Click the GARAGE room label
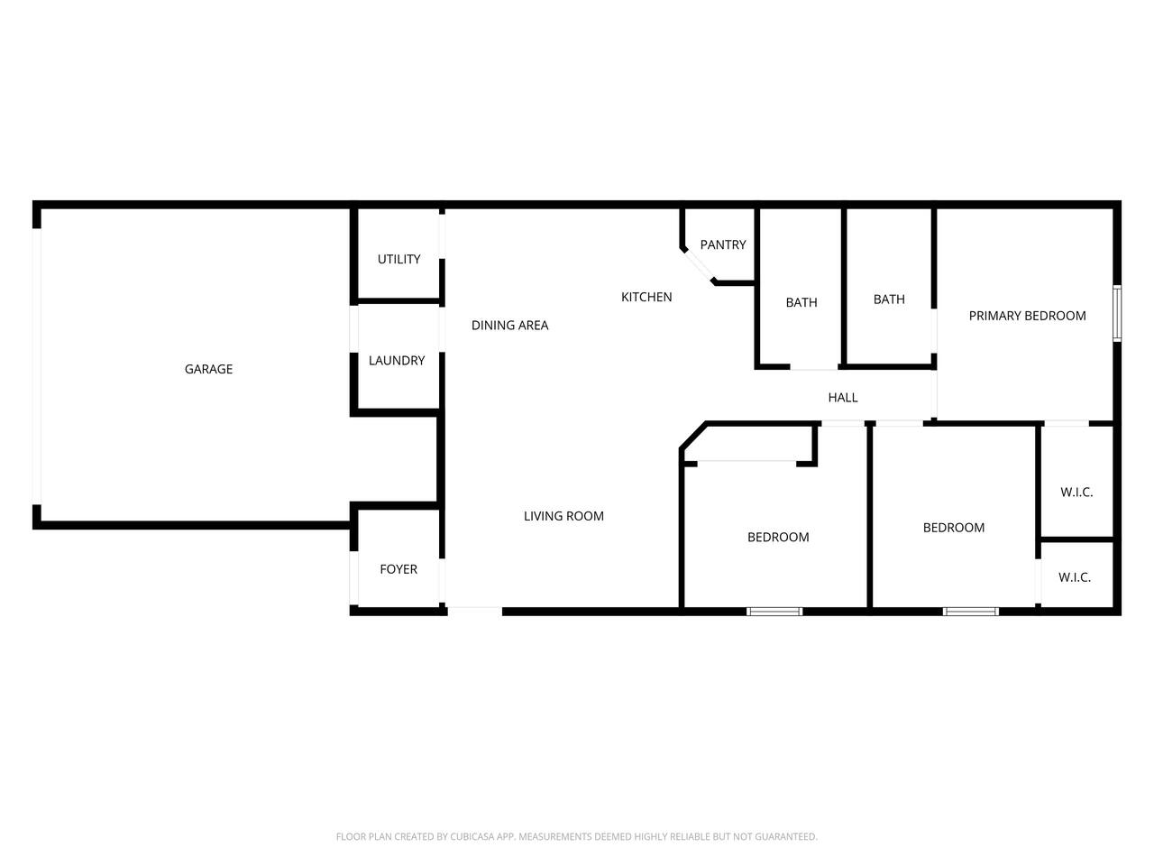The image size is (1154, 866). point(208,369)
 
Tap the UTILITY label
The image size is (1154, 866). point(398,259)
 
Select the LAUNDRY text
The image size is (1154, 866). point(397,361)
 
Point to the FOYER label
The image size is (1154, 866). point(398,569)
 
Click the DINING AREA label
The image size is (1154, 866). point(509,326)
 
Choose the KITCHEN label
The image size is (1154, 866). point(646,297)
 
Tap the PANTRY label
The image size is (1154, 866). point(723,244)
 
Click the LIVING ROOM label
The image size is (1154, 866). point(563,516)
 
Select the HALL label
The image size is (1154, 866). point(843,398)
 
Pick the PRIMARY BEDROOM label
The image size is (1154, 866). point(1027,316)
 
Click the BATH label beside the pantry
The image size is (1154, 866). point(801,302)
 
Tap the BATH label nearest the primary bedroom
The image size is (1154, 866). point(889,299)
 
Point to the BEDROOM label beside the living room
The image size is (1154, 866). point(778,537)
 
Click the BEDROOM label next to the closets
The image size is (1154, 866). point(954,528)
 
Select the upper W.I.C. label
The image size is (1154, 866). point(1076,493)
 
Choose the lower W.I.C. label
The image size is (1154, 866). point(1075,577)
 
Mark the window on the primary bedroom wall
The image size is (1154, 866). point(1117,313)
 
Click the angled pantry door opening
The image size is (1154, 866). point(698,266)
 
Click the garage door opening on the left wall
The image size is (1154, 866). point(37,366)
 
